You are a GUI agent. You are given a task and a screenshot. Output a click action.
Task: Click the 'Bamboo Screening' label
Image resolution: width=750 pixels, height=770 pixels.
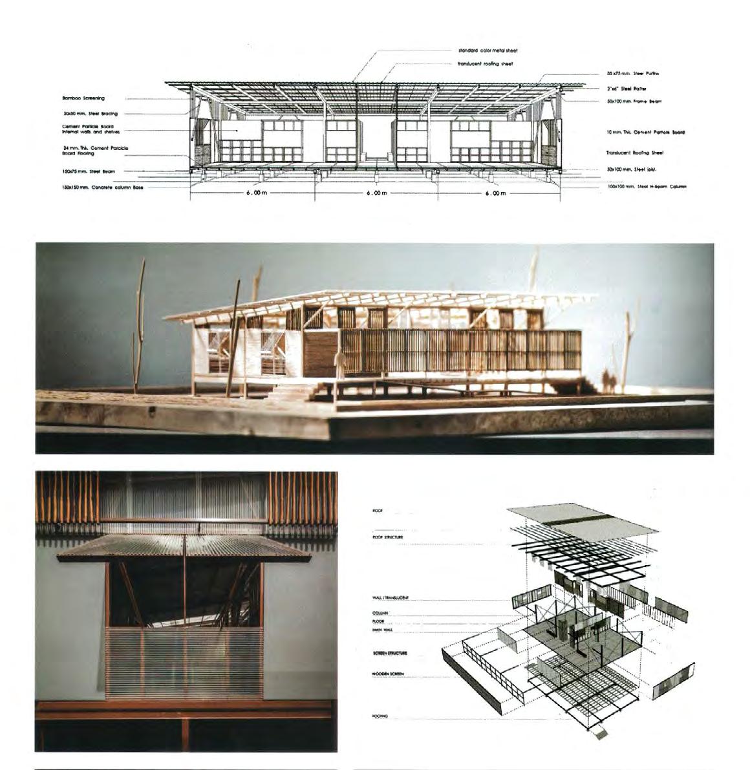83,98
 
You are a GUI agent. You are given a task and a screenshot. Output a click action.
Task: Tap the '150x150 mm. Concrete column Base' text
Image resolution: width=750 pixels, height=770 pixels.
103,187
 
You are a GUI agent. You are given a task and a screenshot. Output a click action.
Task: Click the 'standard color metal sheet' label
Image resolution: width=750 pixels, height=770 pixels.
487,50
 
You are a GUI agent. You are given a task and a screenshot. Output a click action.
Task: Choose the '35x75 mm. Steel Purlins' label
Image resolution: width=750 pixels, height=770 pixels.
633,74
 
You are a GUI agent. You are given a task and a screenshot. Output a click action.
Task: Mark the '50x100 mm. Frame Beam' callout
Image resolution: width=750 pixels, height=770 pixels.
634,102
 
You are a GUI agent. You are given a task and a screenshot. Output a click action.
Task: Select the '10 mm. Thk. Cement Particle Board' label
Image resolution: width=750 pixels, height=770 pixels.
645,132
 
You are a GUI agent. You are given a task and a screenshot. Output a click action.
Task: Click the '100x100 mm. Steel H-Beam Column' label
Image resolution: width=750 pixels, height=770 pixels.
646,186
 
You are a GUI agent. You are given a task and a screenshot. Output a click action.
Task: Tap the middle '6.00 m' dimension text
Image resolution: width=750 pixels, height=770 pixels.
376,193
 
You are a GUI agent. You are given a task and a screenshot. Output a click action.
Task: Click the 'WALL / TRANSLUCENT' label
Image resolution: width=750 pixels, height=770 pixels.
391,599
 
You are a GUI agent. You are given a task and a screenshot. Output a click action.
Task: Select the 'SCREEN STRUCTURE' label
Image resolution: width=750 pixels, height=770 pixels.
390,653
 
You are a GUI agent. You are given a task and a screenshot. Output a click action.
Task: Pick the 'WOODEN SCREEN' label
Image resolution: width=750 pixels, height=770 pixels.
388,674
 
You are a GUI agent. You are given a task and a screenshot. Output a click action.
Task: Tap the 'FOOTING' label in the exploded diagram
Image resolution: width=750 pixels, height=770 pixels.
380,716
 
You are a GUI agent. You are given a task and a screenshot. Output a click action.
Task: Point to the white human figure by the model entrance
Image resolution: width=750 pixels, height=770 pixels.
337,363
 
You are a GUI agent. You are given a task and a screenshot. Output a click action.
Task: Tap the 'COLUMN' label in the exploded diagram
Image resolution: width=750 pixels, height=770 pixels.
380,613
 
